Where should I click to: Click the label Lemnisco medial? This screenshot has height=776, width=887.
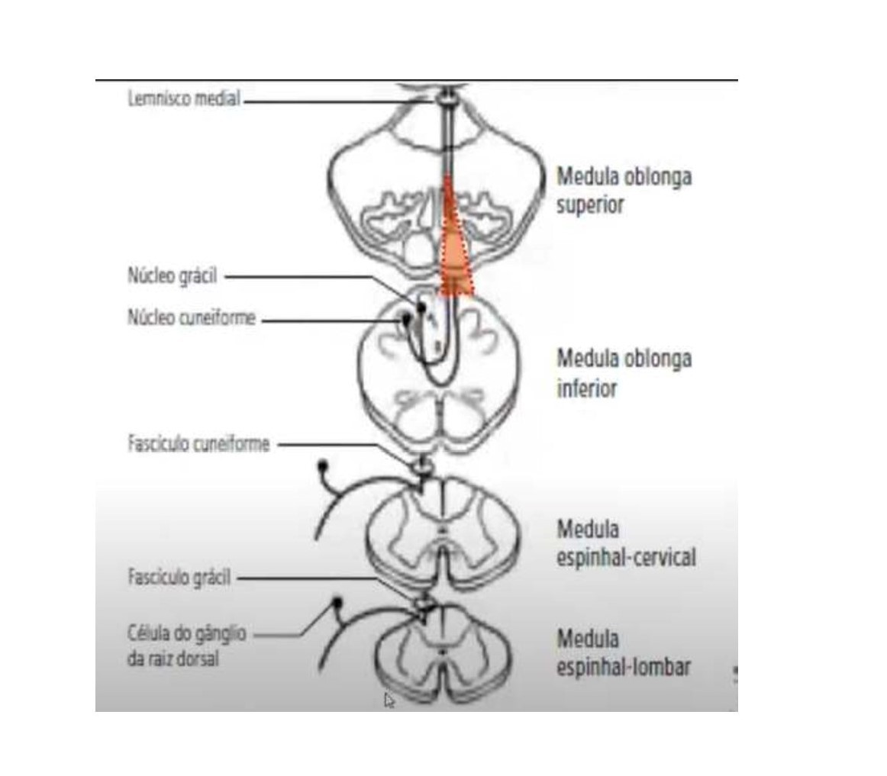[x=183, y=98]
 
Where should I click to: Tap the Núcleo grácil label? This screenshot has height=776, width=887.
[x=172, y=276]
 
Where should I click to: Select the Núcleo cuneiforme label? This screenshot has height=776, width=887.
[x=191, y=318]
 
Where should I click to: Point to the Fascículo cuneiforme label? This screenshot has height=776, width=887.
[x=198, y=444]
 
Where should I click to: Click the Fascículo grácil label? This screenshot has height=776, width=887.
[x=179, y=578]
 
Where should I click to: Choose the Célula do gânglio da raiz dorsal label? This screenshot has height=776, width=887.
[x=186, y=646]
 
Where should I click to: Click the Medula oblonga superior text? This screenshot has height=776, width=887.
[x=624, y=190]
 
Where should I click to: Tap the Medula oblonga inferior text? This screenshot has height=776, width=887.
[x=624, y=373]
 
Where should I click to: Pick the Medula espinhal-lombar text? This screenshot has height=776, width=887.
[x=624, y=652]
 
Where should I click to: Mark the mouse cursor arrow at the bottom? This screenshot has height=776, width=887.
[x=389, y=700]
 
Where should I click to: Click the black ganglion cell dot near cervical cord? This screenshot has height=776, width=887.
[x=322, y=463]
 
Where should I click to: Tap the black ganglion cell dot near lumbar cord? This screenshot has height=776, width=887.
[x=337, y=603]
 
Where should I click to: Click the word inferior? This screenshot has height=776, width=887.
[x=586, y=388]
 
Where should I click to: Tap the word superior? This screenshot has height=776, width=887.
[x=590, y=205]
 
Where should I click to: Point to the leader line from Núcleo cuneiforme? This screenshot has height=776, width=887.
[x=328, y=319]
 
